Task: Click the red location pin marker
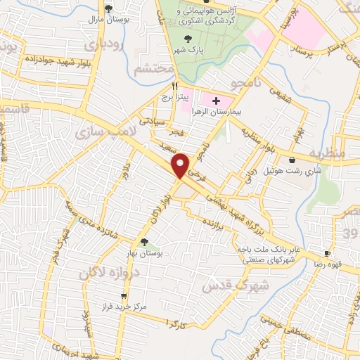pyautogui.click(x=181, y=166)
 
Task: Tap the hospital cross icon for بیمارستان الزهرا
pyautogui.click(x=215, y=102)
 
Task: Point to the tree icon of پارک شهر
pyautogui.click(x=187, y=39)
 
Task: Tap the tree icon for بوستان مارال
pyautogui.click(x=108, y=8)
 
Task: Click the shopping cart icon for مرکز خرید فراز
pyautogui.click(x=124, y=296)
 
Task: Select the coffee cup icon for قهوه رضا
pyautogui.click(x=326, y=253)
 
